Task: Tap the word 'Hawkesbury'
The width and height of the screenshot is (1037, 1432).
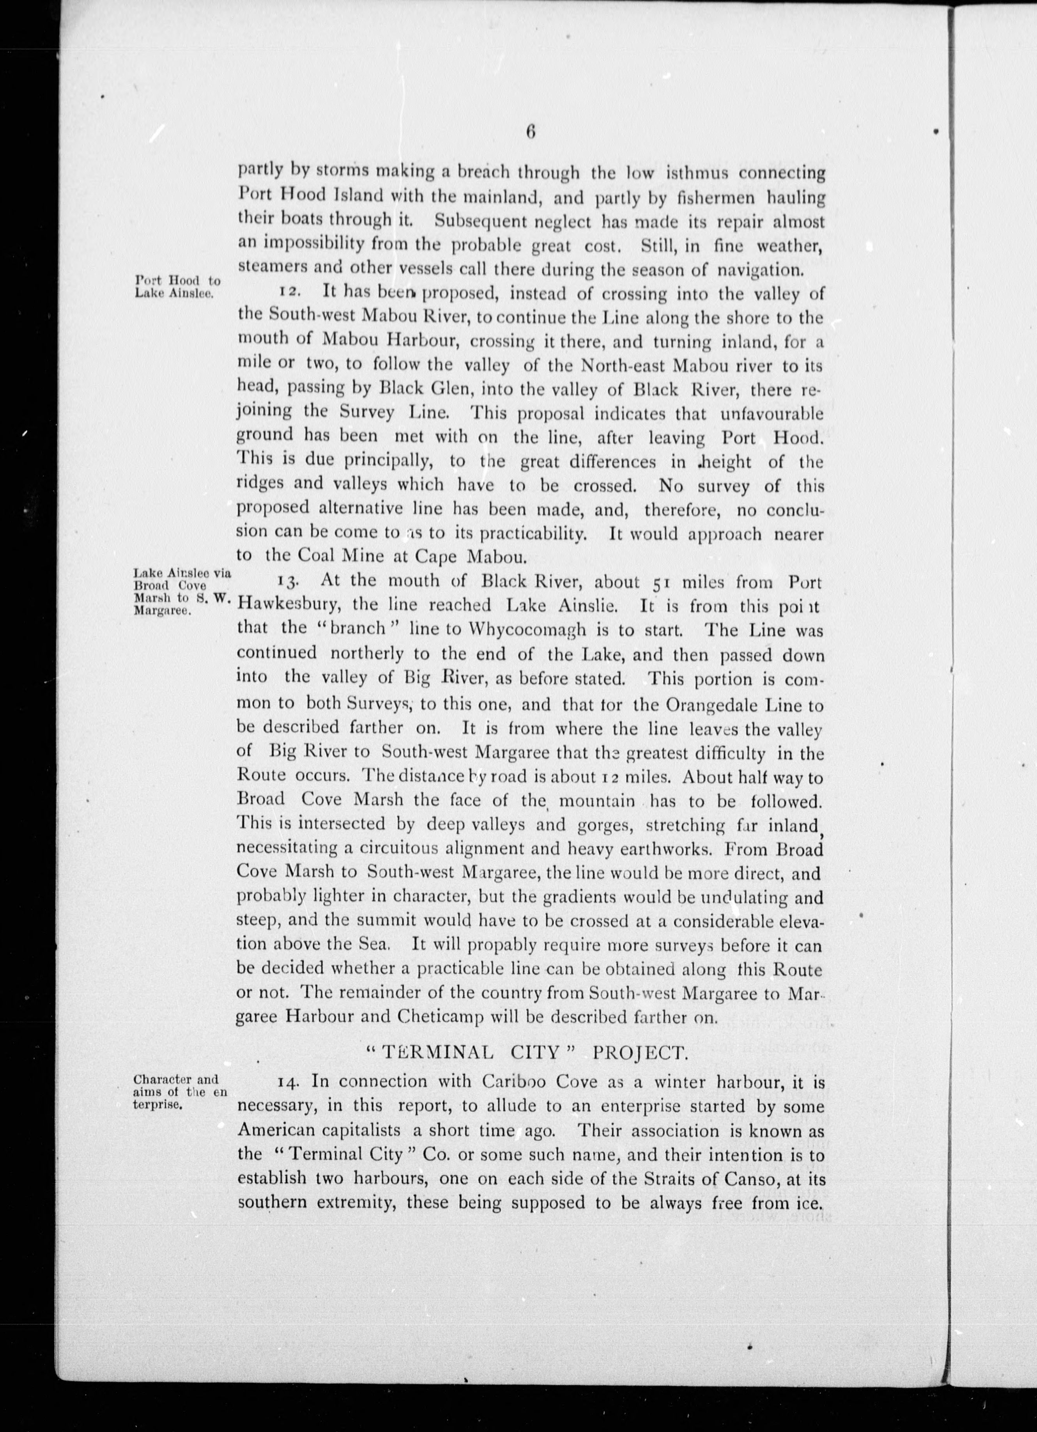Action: coord(288,606)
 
